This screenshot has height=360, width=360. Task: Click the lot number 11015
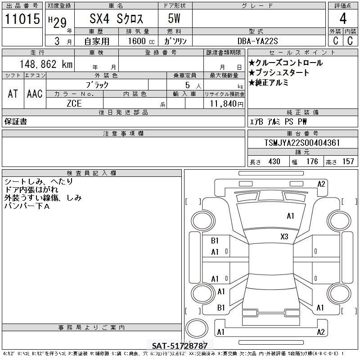[22, 18]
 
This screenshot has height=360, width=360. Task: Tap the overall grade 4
[343, 18]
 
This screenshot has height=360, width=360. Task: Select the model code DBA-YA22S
[257, 41]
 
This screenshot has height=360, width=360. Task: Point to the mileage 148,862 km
[46, 64]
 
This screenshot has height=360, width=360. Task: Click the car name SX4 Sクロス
[116, 18]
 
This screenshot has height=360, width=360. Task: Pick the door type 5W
[174, 18]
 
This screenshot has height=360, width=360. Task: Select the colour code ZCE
[74, 103]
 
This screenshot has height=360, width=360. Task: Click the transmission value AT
[13, 94]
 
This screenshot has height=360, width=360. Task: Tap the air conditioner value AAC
[35, 94]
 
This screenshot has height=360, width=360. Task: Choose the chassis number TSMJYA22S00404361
[302, 143]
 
